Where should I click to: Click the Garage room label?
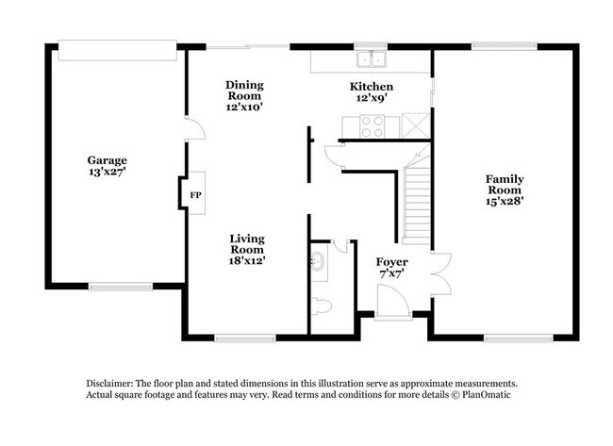click(107, 159)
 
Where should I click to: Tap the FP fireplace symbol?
click(196, 195)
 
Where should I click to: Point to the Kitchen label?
click(371, 86)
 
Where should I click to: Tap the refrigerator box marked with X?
click(414, 124)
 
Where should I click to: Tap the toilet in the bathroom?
click(321, 306)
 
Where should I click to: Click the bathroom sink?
click(318, 261)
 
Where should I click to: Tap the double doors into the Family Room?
click(436, 273)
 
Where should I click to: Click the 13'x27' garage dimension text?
click(107, 173)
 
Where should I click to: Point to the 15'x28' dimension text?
click(505, 199)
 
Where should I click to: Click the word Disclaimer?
click(111, 384)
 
